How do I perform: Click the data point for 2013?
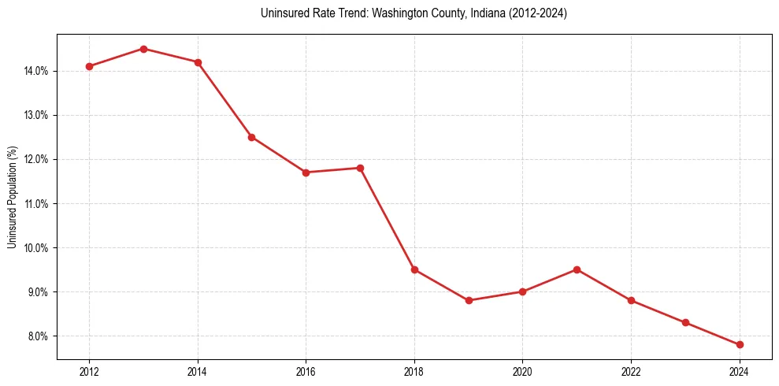tap(143, 49)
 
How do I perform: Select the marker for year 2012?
tap(89, 66)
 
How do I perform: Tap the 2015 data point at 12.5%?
tap(251, 137)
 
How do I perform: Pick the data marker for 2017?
tap(360, 168)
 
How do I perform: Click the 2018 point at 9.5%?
tap(414, 269)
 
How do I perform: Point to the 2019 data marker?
tap(469, 300)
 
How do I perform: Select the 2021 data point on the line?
tap(577, 269)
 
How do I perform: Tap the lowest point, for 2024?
tap(740, 344)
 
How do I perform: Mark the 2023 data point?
tap(685, 322)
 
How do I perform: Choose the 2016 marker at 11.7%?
tap(306, 173)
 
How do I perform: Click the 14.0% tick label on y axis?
tap(36, 71)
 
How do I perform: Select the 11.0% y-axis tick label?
tap(36, 204)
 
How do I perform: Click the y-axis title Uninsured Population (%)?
tap(12, 197)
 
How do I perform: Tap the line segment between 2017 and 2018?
tap(388, 219)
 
